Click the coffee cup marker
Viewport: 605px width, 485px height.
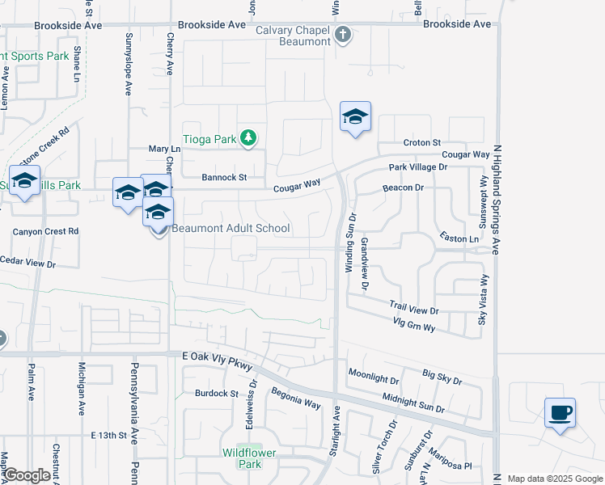tap(561, 413)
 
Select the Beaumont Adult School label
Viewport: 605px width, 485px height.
tap(231, 228)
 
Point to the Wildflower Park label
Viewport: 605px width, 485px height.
tap(248, 458)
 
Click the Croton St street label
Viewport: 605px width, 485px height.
tap(421, 142)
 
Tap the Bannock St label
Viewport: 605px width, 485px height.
tap(223, 176)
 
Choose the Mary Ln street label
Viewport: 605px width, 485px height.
tap(164, 150)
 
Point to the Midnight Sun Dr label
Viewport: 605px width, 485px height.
tap(414, 405)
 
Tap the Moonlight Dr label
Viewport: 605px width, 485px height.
tap(374, 376)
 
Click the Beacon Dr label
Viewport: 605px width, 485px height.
tap(404, 188)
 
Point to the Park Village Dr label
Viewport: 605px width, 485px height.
tap(417, 167)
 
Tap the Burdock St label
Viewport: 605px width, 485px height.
tap(217, 394)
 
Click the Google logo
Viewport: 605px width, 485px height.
tap(27, 475)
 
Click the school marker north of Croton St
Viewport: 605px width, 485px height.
tap(355, 118)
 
